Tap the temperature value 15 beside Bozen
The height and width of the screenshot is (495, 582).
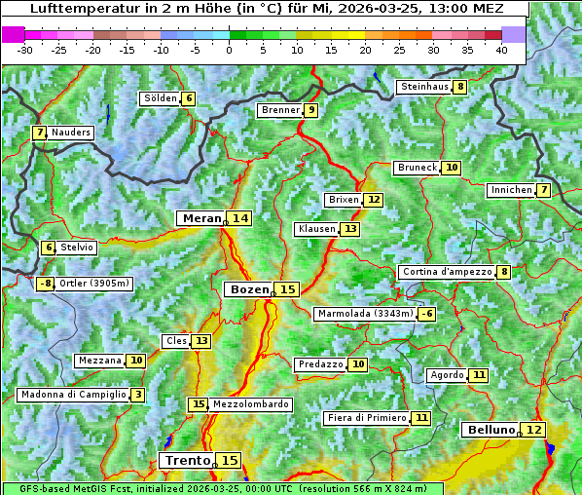click(287, 289)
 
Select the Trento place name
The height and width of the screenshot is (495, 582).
click(188, 460)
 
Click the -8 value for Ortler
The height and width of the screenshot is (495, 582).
click(46, 284)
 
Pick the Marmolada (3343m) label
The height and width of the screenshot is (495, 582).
click(365, 314)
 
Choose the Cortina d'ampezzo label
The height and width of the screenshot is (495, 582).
click(446, 272)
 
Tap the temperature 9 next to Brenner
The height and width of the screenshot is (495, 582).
click(310, 110)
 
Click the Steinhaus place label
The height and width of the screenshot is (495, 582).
click(424, 87)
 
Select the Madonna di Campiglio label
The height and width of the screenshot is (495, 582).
click(73, 395)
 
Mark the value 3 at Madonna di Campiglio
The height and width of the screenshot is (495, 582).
click(138, 395)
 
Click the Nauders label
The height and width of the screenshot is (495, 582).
click(71, 133)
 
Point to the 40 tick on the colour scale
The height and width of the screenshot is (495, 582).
click(501, 49)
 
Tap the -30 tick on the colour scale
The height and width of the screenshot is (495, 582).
click(25, 49)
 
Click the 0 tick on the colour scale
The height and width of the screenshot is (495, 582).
click(230, 49)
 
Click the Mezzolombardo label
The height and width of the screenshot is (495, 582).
click(250, 404)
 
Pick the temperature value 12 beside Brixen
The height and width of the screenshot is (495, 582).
click(374, 200)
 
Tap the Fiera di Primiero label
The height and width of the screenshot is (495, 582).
click(366, 418)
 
